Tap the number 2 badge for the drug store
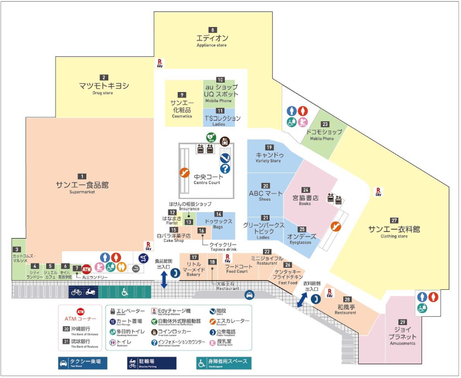[103, 78]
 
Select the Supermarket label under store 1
[82, 193]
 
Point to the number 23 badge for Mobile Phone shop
[325, 125]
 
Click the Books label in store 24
[305, 204]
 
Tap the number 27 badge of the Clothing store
[394, 220]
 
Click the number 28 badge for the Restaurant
[347, 299]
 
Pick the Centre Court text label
[206, 182]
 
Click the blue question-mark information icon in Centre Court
[225, 169]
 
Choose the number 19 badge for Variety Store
[269, 147]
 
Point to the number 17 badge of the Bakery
[194, 257]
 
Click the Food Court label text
[237, 271]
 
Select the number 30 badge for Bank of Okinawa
[66, 330]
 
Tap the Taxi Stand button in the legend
[83, 363]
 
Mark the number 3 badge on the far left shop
[17, 250]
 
